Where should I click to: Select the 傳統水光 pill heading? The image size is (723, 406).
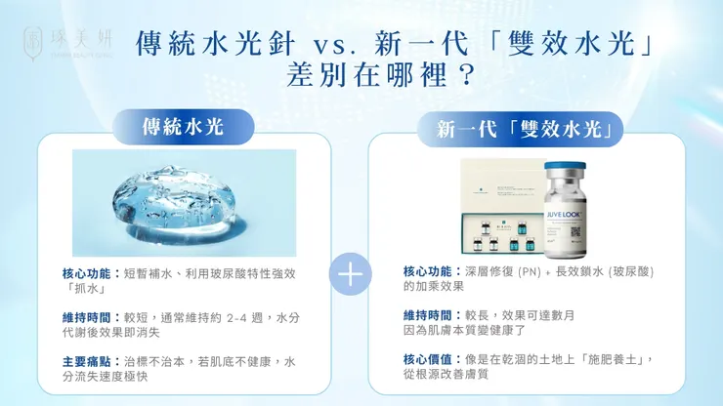[x=184, y=127]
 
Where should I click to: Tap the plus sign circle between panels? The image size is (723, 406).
[x=349, y=273]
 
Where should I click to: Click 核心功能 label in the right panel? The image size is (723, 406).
[x=429, y=270]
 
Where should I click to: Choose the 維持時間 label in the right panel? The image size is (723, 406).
[x=429, y=315]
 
